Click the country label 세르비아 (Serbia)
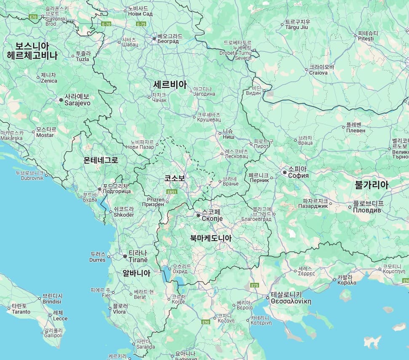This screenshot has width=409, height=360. click(x=170, y=84)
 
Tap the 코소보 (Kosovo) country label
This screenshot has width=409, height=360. click(x=174, y=178)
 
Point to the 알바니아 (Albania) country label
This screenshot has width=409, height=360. click(x=136, y=273)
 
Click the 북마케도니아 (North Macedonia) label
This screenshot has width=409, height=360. click(x=211, y=238)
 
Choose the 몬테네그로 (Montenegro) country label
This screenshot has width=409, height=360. click(x=101, y=160)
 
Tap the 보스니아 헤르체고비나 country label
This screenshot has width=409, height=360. click(x=32, y=51)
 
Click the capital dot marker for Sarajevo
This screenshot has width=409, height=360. click(x=61, y=100)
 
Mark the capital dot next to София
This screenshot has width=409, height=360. click(x=285, y=172)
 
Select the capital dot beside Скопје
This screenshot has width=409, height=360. click(x=198, y=215)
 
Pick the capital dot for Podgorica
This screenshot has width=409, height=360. click(x=99, y=189)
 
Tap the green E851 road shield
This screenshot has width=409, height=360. click(x=171, y=192)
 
